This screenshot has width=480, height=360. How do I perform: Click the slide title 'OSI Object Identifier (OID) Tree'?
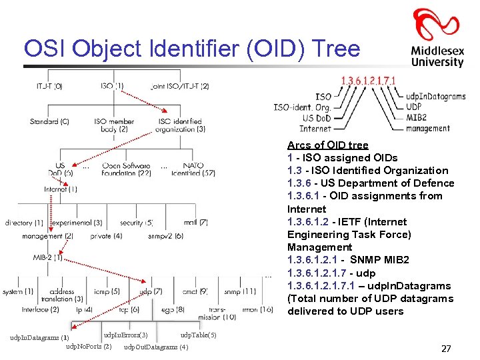tap(191, 49)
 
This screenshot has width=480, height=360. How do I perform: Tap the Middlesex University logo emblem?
tap(436, 27)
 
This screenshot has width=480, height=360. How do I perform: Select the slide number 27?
tap(446, 349)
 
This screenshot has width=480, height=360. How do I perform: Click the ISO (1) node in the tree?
tap(111, 85)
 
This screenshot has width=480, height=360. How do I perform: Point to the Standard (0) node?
tap(49, 121)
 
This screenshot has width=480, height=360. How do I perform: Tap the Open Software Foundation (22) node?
tap(127, 169)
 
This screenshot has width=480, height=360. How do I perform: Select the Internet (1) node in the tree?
tap(61, 189)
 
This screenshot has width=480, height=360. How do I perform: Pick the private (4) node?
tap(107, 235)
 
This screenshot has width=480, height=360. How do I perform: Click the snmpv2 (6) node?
tap(166, 235)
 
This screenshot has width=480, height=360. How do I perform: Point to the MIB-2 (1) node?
tap(48, 257)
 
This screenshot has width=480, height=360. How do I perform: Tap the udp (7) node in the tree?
tap(151, 291)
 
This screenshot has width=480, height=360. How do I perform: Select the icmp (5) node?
tap(107, 291)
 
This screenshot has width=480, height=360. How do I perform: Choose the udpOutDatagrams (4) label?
tap(156, 347)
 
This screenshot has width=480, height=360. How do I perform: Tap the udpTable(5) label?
tap(198, 335)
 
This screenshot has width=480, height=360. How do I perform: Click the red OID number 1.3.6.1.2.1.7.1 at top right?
tap(368, 81)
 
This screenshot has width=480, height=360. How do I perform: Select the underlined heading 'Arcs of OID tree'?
tap(327, 145)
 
